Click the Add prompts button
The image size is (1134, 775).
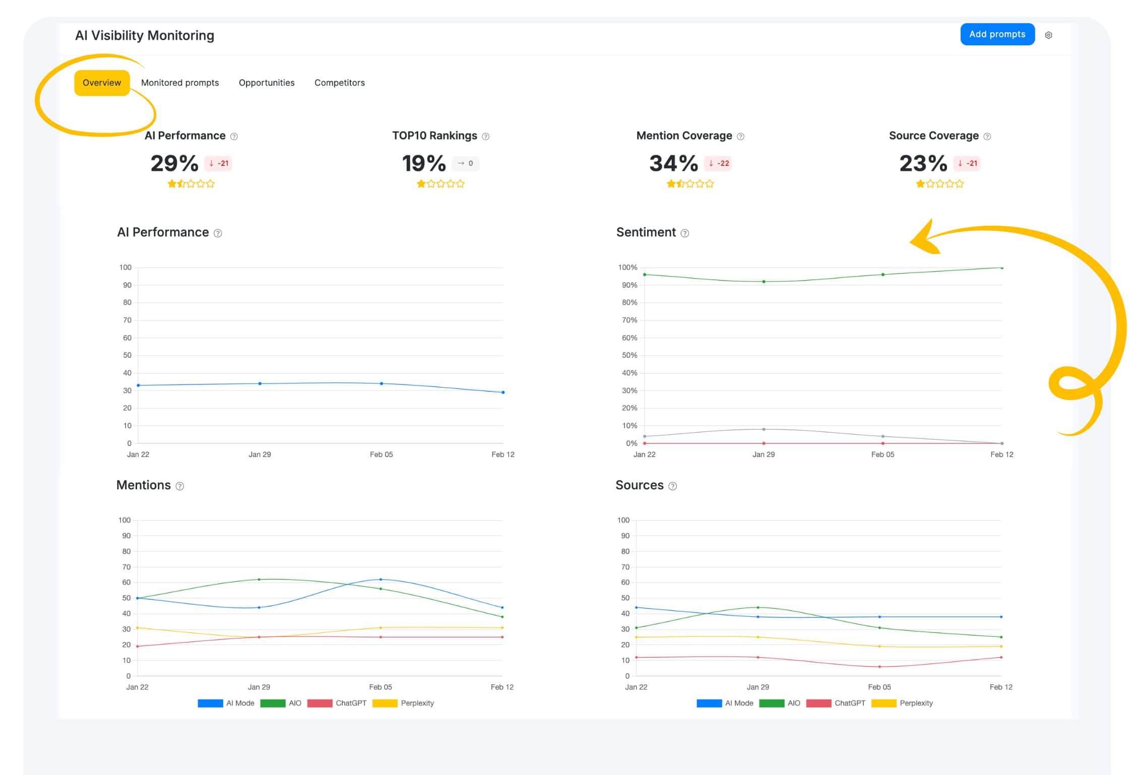click(996, 34)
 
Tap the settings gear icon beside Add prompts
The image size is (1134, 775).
click(1048, 35)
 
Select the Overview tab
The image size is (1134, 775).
click(101, 83)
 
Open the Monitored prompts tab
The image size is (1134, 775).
click(180, 83)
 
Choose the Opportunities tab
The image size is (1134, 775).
click(266, 83)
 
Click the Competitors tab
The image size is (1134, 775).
click(339, 83)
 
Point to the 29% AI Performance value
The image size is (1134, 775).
click(174, 163)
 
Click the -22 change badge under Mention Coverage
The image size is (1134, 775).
click(718, 163)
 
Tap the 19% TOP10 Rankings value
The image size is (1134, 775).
click(424, 163)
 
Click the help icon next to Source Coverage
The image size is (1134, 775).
click(987, 137)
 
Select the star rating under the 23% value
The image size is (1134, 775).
click(939, 184)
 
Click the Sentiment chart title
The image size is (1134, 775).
click(646, 232)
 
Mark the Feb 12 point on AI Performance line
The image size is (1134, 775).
click(502, 392)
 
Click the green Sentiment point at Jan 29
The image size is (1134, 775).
click(764, 282)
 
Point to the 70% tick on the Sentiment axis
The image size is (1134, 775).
click(629, 320)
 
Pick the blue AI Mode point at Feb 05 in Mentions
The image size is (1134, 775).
click(381, 579)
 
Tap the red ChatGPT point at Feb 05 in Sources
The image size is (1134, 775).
click(879, 667)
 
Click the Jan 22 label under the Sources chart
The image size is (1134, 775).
click(636, 687)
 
